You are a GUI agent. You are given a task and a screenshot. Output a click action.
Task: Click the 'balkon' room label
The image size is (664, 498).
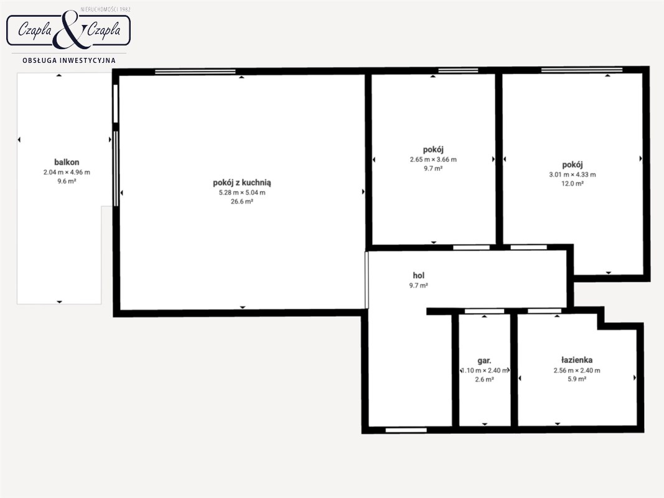point(67,162)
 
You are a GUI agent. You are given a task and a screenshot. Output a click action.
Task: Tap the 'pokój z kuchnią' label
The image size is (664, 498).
point(242,182)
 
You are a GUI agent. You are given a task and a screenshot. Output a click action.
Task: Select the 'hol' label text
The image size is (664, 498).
point(418,275)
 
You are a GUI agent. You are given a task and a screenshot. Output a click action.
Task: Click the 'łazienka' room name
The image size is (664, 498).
point(576,360)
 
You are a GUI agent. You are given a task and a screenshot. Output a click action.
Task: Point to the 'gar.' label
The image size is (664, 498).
point(484,361)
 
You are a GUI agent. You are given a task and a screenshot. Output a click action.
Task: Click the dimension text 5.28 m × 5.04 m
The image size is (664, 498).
point(242,192)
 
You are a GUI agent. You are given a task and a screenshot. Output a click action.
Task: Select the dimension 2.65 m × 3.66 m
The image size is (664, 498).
point(433,159)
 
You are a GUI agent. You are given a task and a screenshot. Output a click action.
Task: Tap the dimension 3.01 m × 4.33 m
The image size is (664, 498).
point(572,174)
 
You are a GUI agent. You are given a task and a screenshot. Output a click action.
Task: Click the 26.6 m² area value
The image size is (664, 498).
point(242,202)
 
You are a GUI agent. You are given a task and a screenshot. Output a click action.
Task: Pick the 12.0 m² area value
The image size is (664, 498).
point(572,184)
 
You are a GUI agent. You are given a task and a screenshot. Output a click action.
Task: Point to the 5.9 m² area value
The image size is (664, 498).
point(577,380)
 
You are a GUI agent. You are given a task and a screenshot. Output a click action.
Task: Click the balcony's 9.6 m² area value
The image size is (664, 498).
point(67,181)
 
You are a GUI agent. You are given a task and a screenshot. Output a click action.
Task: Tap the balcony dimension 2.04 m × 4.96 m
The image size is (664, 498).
point(67,172)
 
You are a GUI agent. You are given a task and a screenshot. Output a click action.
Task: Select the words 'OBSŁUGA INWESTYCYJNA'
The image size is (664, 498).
point(68,60)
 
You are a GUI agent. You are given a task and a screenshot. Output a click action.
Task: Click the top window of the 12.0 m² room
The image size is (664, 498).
point(582,70)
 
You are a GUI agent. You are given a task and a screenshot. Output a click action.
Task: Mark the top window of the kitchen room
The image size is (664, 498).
point(195,72)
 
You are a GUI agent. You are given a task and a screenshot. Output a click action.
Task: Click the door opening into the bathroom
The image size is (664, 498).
point(544,311)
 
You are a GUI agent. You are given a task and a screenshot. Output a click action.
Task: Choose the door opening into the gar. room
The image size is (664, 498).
point(484,311)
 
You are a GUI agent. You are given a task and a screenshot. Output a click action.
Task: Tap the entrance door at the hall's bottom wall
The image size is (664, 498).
point(406,430)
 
